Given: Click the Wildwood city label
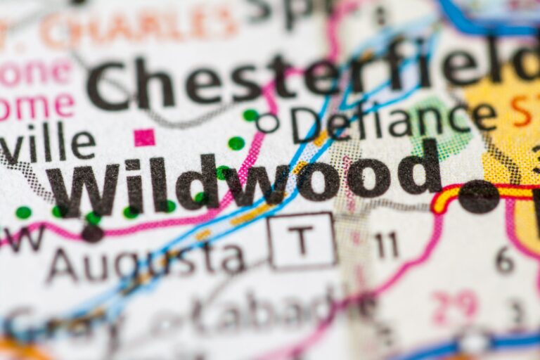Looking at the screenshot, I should coord(243,180).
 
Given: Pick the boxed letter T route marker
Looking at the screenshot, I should coord(302,240).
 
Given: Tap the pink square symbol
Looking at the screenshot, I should coord(144,137).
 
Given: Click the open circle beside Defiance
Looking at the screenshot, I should coord(267,123).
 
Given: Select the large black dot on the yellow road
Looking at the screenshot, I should coord(478,196).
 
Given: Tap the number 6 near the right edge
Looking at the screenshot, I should coord(504,260).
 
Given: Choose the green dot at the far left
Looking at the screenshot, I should coord(23,212).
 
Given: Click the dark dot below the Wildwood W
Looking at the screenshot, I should coord(92,233).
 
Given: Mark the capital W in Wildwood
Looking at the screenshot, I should coord(83,190).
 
